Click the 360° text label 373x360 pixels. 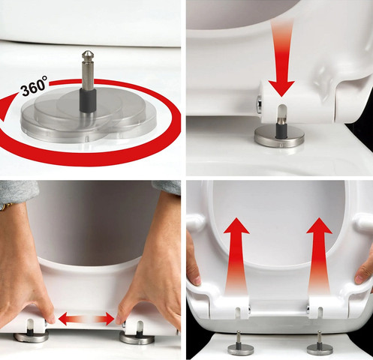click(x=34, y=86)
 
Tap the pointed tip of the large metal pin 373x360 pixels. click(x=87, y=51)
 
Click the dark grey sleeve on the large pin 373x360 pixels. click(x=88, y=100)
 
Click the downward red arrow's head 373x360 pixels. click(x=281, y=88)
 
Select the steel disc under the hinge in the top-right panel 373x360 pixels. click(x=279, y=137)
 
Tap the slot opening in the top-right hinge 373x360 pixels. click(x=281, y=112)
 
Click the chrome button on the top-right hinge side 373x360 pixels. click(x=260, y=104)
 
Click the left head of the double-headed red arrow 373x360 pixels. click(x=65, y=319)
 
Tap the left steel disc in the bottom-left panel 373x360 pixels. click(x=31, y=337)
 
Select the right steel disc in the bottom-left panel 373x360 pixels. click(x=137, y=337)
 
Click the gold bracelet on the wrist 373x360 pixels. click(x=6, y=205)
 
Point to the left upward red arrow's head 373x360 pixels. click(x=236, y=226)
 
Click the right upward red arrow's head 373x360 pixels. click(x=319, y=226)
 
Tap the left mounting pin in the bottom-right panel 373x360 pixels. click(x=238, y=343)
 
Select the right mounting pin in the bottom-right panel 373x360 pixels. click(x=320, y=343)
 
